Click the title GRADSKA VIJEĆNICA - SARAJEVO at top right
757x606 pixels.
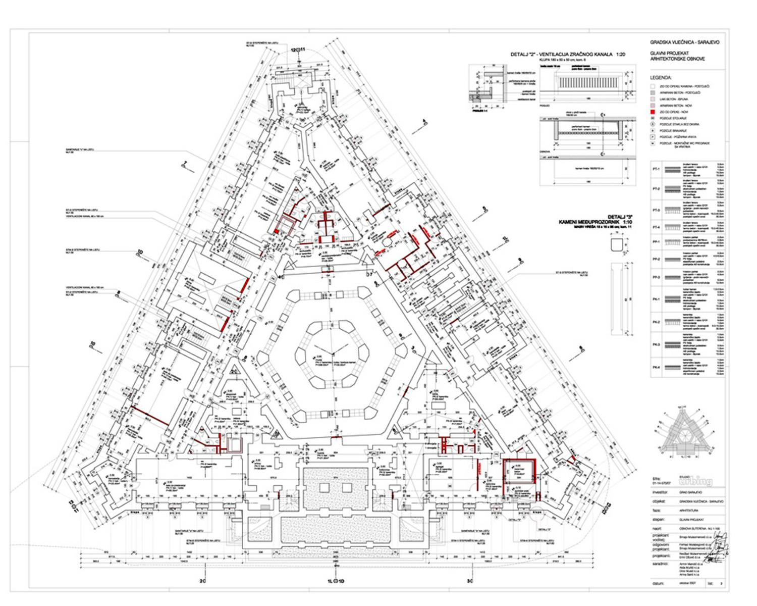tap(684, 42)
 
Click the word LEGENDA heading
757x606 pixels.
tap(661, 78)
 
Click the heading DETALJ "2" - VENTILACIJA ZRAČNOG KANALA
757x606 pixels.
tap(568, 54)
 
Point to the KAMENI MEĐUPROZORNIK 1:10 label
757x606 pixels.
tap(596, 222)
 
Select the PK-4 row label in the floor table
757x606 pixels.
tap(656, 367)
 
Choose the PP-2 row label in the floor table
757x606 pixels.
tap(656, 260)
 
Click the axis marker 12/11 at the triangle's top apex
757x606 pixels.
tap(298, 49)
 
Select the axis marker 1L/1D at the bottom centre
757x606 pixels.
tap(336, 581)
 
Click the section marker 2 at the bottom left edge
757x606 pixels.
tap(202, 581)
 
